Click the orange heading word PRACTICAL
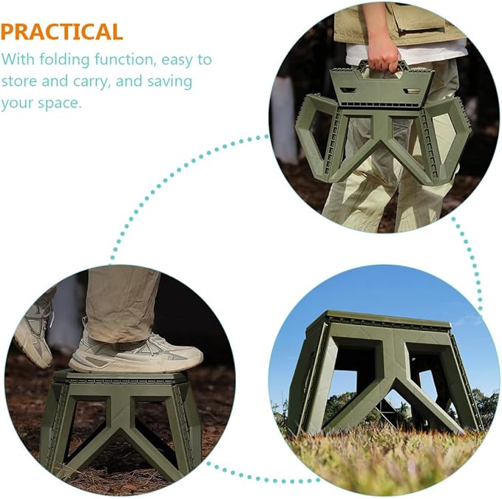tap(61, 32)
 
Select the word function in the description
tap(125, 60)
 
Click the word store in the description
tap(19, 81)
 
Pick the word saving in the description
tap(170, 81)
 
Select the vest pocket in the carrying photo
tap(419, 20)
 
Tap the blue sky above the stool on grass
tap(384, 289)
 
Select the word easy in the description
tap(177, 61)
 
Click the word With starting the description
tap(18, 59)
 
